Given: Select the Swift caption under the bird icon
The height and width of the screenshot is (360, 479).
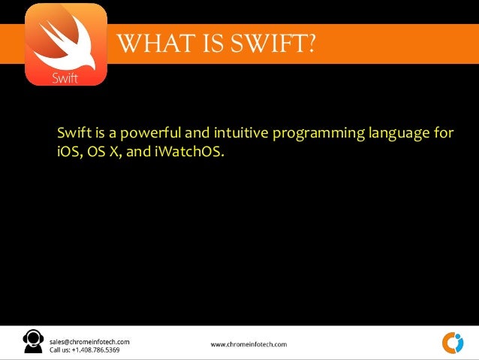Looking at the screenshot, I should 65,77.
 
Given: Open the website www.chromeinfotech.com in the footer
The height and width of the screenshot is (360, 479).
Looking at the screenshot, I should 249,344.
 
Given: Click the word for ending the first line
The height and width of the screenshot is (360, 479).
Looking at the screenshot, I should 444,135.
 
